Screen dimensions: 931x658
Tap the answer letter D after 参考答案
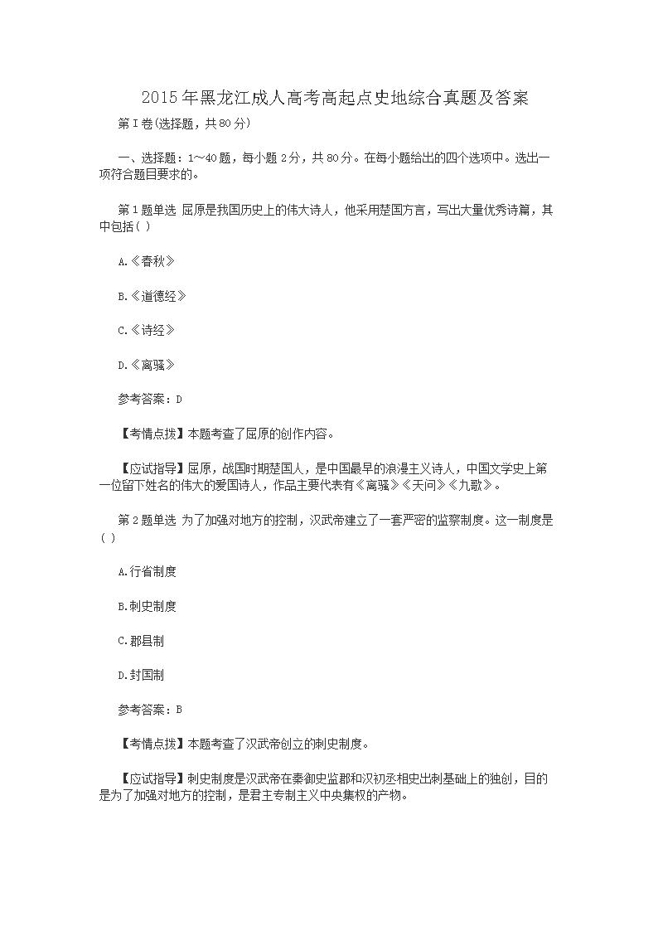tap(179, 399)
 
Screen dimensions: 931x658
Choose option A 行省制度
tap(148, 572)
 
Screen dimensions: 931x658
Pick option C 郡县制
tap(142, 641)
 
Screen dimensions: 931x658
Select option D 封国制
tap(142, 675)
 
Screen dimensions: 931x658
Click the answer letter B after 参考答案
tap(179, 710)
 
